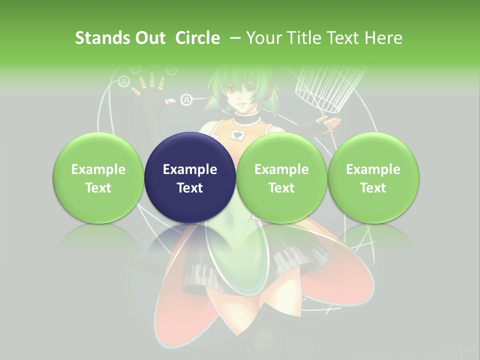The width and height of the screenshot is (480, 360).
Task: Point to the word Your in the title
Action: coord(264,38)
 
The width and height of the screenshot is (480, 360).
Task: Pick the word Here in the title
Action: coord(383,38)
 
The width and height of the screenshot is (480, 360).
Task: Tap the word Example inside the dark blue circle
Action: coord(190,169)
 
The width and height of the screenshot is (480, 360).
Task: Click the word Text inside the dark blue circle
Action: coord(190,188)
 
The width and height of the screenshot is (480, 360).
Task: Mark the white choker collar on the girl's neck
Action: coord(245,120)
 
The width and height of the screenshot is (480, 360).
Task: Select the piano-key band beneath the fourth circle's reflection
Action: coord(295,260)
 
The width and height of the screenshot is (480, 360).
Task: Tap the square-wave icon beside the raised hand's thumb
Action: coord(186,99)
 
